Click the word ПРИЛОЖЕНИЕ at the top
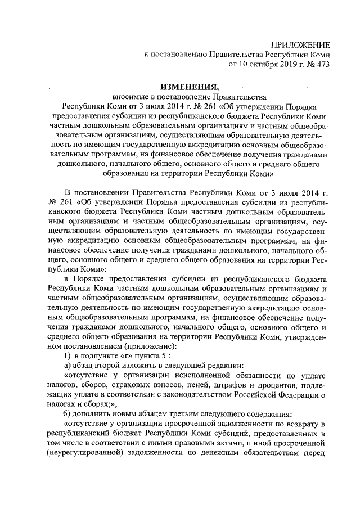[x=300, y=44]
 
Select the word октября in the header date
[x=260, y=64]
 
